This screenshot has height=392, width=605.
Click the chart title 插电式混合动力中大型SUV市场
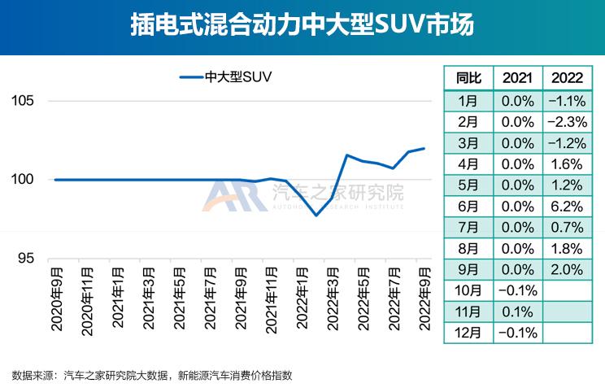302,25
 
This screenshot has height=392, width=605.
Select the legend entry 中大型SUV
225,77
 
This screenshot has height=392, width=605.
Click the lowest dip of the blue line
316,215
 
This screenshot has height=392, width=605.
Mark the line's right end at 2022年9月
424,148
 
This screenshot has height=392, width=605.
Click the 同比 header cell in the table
468,78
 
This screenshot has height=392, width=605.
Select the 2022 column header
567,78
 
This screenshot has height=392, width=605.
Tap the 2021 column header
518,78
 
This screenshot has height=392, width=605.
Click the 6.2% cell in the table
567,206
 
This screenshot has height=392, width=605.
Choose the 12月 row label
468,333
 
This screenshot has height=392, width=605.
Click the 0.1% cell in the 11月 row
518,311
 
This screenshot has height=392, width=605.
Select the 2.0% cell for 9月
567,269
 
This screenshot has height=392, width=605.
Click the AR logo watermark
233,196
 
